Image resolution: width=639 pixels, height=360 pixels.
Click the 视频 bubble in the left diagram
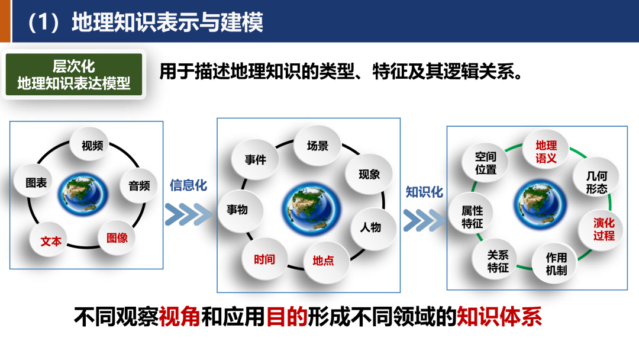(92, 145)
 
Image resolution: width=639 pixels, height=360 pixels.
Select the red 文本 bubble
(51, 241)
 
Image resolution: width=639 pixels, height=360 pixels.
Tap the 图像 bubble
(117, 237)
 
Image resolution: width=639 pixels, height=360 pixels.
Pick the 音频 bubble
(139, 185)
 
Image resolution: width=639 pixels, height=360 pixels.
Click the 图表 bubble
(37, 183)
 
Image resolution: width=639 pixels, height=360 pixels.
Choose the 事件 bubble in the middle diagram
(256, 159)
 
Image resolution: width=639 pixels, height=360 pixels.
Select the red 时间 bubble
(264, 259)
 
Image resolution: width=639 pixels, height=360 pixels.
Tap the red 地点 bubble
(323, 260)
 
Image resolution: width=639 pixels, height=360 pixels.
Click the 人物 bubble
(370, 227)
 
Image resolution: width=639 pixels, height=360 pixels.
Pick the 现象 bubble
(369, 174)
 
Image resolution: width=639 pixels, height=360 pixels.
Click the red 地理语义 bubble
(546, 152)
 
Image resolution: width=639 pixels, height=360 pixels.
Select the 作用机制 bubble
(556, 263)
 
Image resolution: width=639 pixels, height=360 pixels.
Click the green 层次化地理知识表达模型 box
(74, 75)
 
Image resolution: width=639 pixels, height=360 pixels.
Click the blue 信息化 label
(189, 185)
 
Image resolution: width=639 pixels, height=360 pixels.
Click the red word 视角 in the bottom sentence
(180, 317)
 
